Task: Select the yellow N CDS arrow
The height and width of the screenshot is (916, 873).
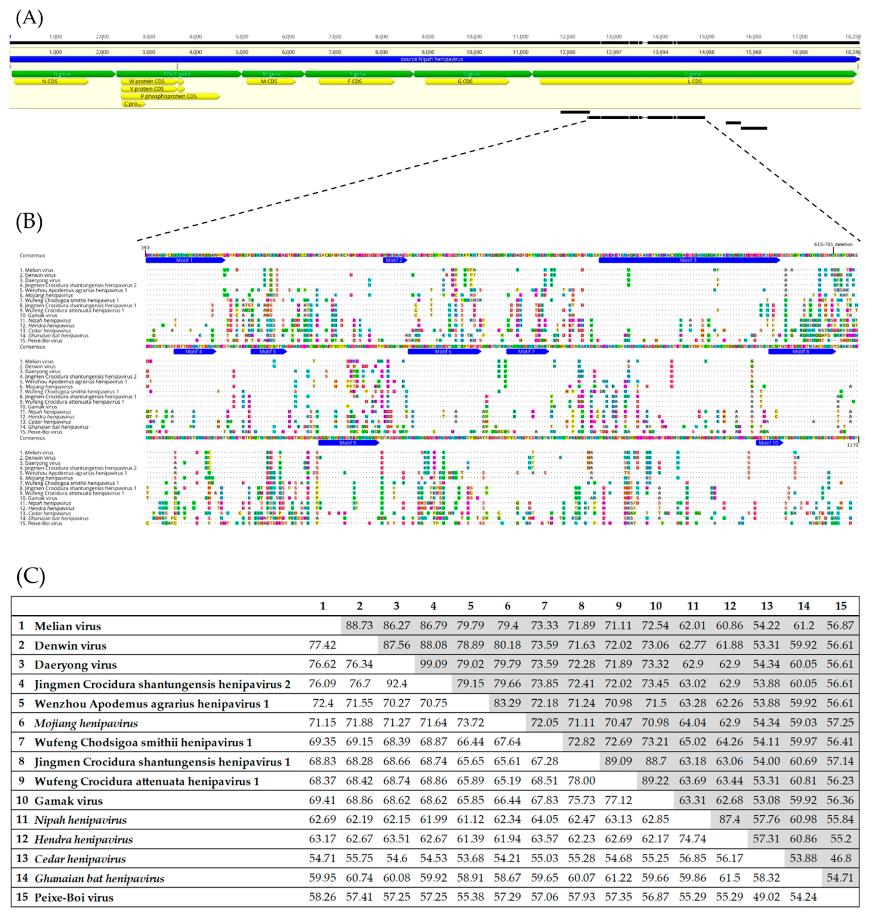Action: pyautogui.click(x=50, y=81)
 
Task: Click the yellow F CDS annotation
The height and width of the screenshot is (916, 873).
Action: pyautogui.click(x=356, y=81)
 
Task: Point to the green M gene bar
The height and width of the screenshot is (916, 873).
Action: pyautogui.click(x=273, y=74)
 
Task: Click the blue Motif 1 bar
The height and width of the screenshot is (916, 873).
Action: pyautogui.click(x=185, y=260)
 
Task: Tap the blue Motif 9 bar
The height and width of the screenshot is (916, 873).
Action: pyautogui.click(x=348, y=443)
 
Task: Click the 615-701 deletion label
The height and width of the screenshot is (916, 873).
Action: pyautogui.click(x=833, y=244)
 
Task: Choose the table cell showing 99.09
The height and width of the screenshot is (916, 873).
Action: pyautogui.click(x=433, y=664)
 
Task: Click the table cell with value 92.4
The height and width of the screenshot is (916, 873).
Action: pyautogui.click(x=396, y=684)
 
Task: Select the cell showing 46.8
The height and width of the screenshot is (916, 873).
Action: pyautogui.click(x=840, y=858)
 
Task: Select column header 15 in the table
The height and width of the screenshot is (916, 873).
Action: pyautogui.click(x=840, y=606)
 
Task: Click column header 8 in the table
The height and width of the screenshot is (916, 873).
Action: pyautogui.click(x=581, y=606)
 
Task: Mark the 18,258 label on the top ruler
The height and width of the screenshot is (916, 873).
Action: pyautogui.click(x=853, y=37)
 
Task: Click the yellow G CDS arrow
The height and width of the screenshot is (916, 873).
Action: pyautogui.click(x=466, y=81)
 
